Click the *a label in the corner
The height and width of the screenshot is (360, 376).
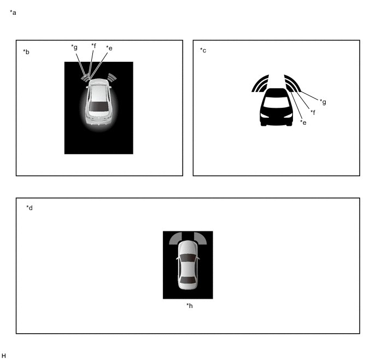coord(13,13)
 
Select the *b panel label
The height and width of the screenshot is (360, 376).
coord(26,52)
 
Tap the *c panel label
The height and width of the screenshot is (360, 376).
coord(203,50)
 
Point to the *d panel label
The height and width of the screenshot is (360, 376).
coord(30,208)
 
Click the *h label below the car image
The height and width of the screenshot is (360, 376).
coord(190,305)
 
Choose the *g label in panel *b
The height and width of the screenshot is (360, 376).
coord(74,47)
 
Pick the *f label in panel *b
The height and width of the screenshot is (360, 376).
coord(93,45)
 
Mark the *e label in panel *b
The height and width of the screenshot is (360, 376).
coord(109,48)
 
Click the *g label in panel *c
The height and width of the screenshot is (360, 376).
coord(323,102)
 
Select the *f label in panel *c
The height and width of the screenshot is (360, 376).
coord(313,112)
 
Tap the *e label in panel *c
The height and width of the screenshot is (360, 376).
coord(303,123)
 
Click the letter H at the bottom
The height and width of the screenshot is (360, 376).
coord(4,356)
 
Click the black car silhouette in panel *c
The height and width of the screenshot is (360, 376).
coord(276,107)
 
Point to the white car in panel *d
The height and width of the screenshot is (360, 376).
coord(189,265)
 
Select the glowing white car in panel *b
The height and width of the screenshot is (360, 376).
coord(99,102)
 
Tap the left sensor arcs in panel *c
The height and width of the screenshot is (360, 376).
coord(260,84)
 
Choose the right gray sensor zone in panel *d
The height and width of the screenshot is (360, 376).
coord(201,238)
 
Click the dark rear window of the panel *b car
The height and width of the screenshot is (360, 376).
coord(98,106)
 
